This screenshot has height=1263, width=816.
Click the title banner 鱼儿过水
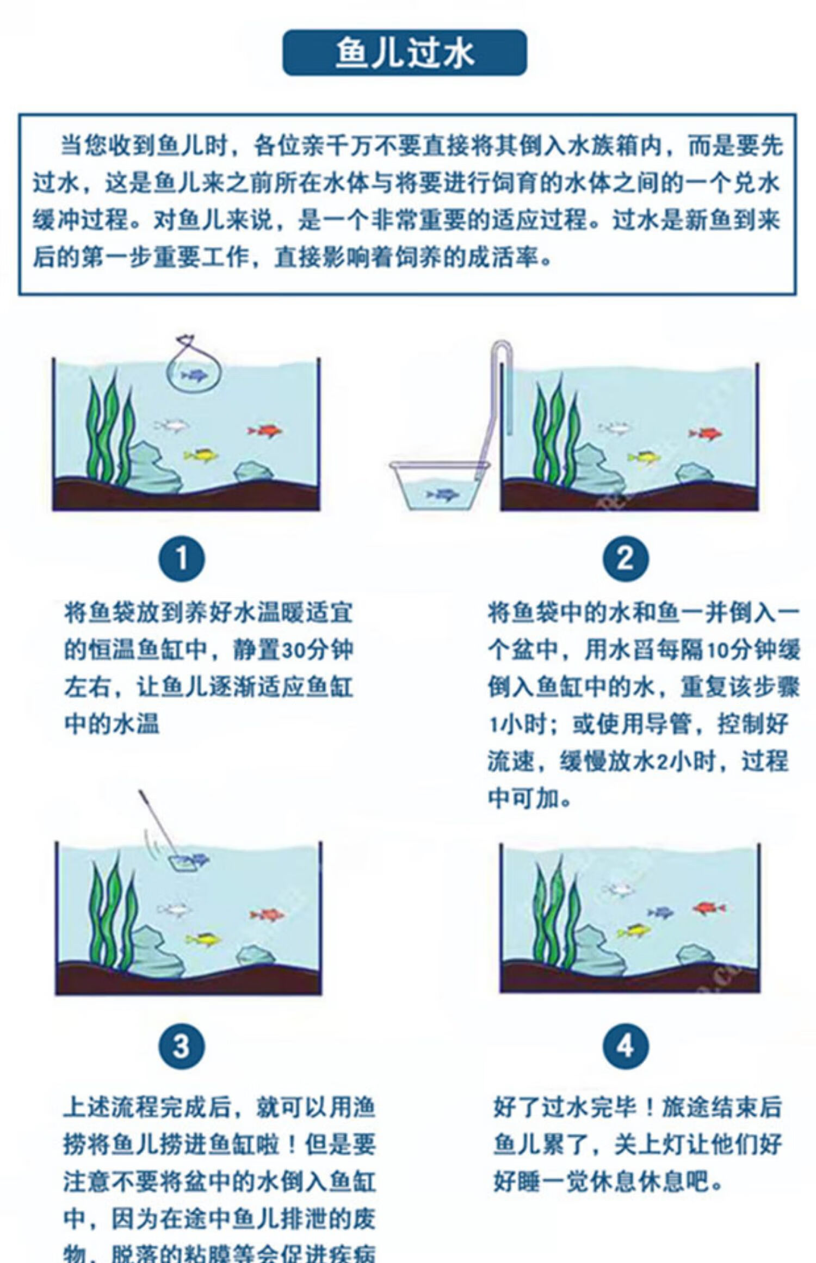point(405,53)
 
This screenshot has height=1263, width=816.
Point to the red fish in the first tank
point(265,431)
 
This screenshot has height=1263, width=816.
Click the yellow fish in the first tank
point(201,454)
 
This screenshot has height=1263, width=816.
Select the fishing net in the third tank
point(184,861)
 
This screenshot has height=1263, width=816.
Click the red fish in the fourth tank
point(710,907)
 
